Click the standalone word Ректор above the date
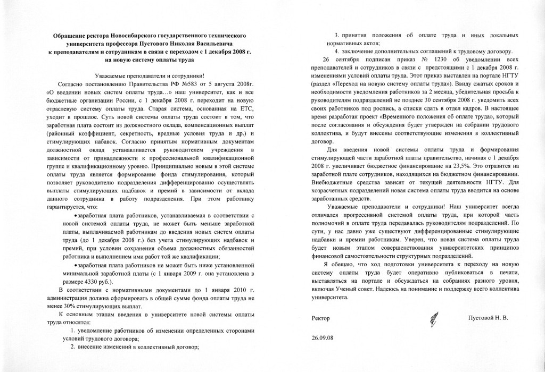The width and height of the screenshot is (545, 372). pos(320,318)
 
